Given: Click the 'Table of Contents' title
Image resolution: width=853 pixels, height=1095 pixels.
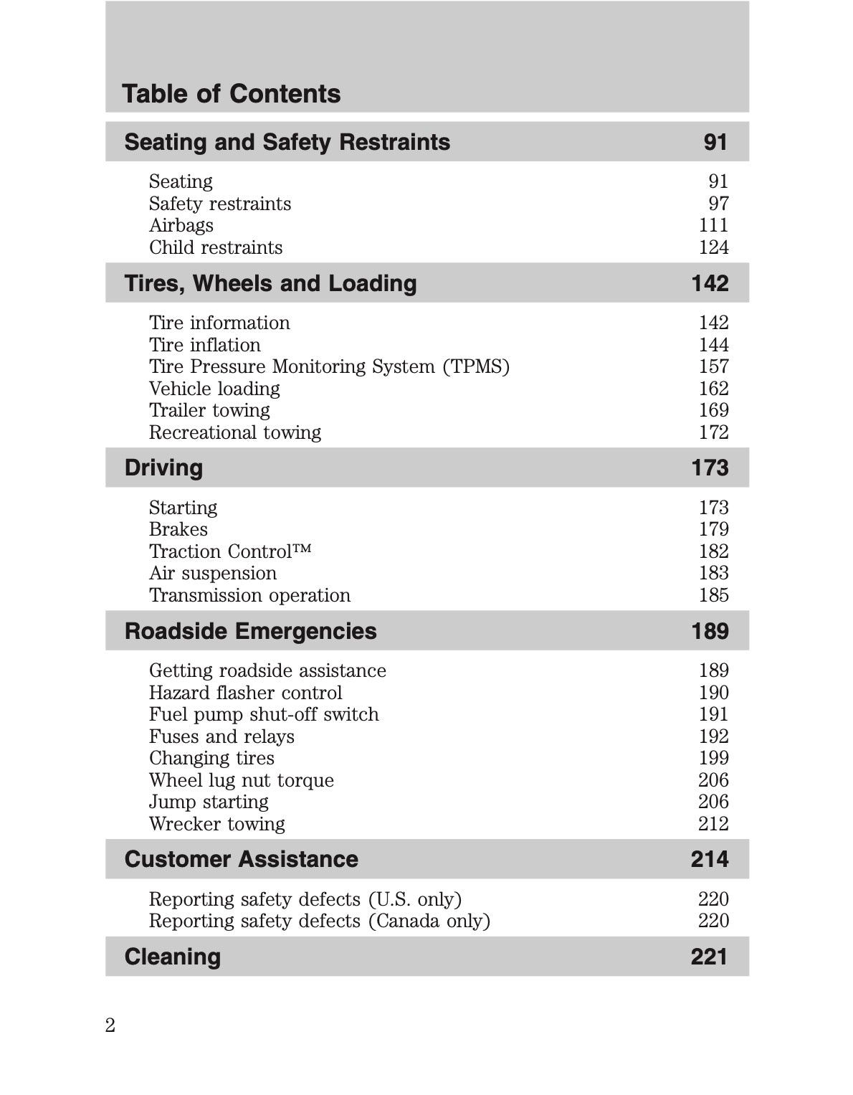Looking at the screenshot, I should pyautogui.click(x=231, y=94).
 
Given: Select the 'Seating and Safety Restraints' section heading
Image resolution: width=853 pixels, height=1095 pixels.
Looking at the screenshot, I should pyautogui.click(x=287, y=142).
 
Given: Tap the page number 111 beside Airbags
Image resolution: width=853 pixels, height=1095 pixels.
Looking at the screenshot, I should pyautogui.click(x=713, y=225).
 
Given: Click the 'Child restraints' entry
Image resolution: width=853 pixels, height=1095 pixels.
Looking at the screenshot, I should pyautogui.click(x=216, y=247).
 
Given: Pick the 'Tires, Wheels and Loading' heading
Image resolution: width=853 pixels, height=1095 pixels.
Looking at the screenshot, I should pyautogui.click(x=270, y=283).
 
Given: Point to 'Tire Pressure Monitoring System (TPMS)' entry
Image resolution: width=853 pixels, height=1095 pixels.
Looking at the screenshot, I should pyautogui.click(x=329, y=366).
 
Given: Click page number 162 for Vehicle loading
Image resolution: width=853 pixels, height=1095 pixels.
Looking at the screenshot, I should pyautogui.click(x=713, y=389).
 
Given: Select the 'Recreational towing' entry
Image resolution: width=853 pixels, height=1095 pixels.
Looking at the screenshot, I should pyautogui.click(x=234, y=432).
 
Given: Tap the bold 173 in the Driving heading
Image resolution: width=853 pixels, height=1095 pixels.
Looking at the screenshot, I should pyautogui.click(x=709, y=468).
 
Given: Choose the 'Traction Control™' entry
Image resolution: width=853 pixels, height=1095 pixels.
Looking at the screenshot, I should pyautogui.click(x=230, y=551).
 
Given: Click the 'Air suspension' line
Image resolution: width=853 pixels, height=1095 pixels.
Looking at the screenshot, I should pyautogui.click(x=212, y=573).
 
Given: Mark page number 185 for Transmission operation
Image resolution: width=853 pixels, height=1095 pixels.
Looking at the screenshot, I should pyautogui.click(x=713, y=595).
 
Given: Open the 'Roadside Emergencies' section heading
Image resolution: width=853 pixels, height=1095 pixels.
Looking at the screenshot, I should pyautogui.click(x=250, y=631).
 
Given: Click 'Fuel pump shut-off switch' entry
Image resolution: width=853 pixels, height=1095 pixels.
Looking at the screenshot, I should pyautogui.click(x=264, y=714).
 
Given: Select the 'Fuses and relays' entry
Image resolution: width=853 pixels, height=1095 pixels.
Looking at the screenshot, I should pyautogui.click(x=221, y=736).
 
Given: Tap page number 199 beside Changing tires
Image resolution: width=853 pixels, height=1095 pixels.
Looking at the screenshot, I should pyautogui.click(x=713, y=758).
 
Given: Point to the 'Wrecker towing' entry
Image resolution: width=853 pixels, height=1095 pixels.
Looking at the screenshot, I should pyautogui.click(x=216, y=824).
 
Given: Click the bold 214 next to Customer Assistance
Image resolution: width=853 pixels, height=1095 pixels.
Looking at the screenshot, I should pyautogui.click(x=709, y=859).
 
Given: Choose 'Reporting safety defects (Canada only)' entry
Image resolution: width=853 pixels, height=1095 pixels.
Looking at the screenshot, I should pyautogui.click(x=319, y=921).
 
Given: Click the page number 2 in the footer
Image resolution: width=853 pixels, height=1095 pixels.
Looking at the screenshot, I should pyautogui.click(x=110, y=1025).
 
